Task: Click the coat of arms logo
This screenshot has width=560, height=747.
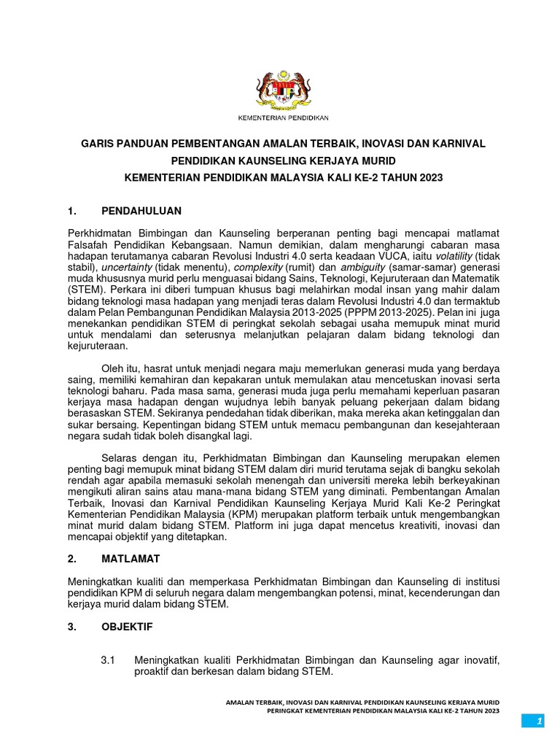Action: click(283, 90)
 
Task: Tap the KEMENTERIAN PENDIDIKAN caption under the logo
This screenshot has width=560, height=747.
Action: click(284, 117)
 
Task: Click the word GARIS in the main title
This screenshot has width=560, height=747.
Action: click(99, 145)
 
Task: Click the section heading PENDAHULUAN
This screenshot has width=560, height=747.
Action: click(141, 212)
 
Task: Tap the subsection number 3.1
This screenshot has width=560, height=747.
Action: click(109, 659)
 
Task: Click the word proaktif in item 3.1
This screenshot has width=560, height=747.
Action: click(156, 671)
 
